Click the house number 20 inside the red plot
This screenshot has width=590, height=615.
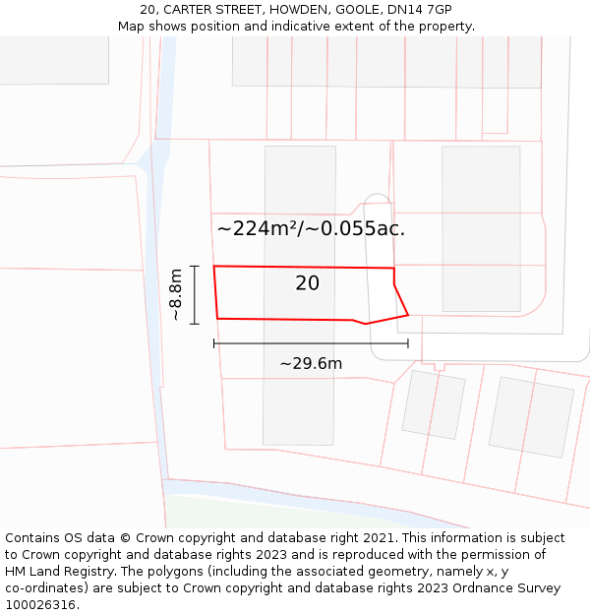click(307, 283)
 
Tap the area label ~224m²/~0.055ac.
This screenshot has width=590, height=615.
click(311, 229)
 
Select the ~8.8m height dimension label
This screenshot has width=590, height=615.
click(176, 295)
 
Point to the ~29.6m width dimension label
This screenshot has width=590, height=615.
click(311, 364)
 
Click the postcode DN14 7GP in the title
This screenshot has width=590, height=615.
click(417, 10)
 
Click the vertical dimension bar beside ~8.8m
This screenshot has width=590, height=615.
click(195, 295)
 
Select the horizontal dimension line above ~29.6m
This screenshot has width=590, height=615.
click(311, 343)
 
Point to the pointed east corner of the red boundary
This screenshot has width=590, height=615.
click(407, 315)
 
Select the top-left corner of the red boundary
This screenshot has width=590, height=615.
click(214, 267)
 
